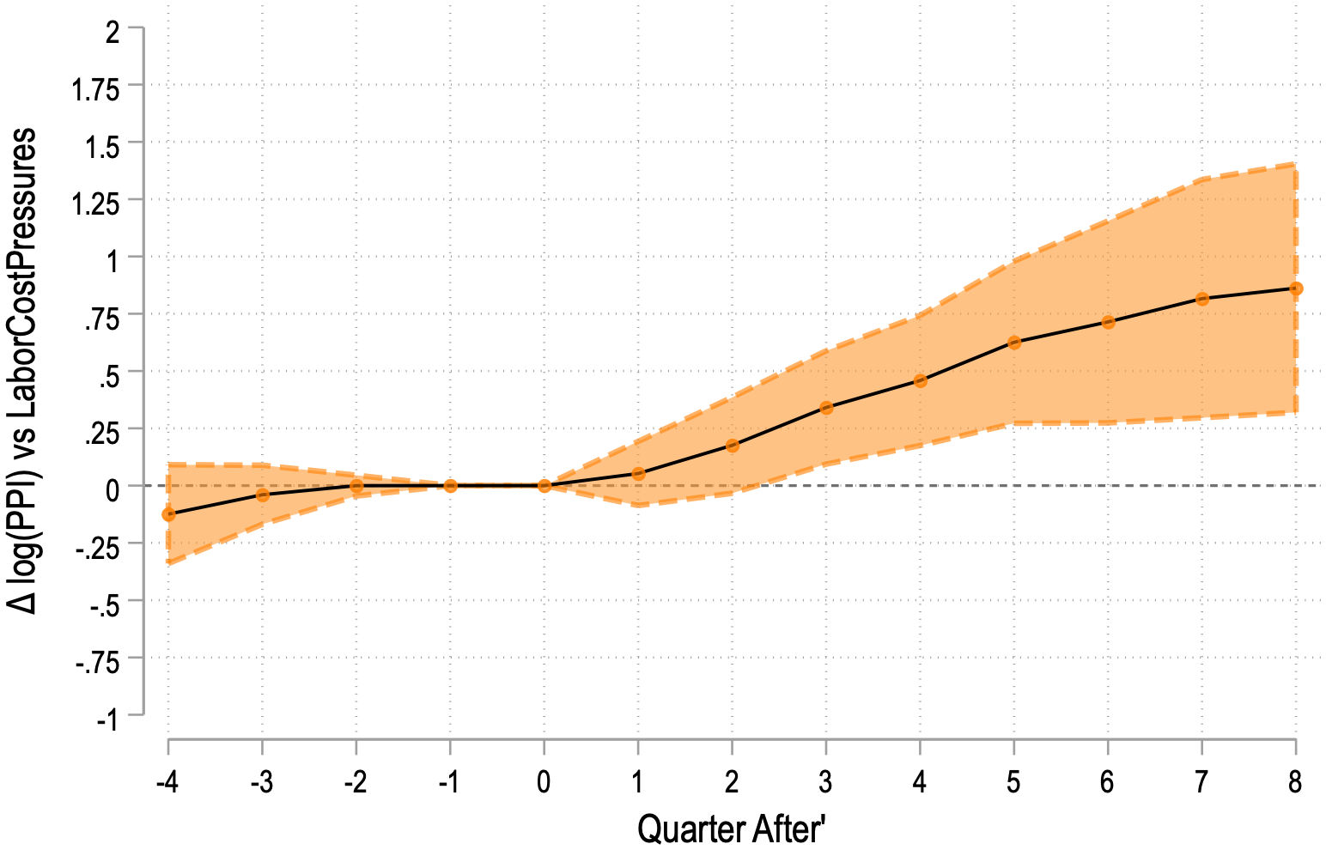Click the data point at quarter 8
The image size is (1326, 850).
click(1295, 288)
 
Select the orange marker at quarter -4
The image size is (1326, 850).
click(169, 514)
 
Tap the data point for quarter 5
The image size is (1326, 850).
click(1013, 343)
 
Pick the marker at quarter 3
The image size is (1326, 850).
click(826, 408)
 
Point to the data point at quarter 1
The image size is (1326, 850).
click(638, 474)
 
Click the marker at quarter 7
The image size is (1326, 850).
click(1201, 299)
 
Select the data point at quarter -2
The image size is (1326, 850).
click(356, 486)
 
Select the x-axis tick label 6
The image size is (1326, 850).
click(1108, 783)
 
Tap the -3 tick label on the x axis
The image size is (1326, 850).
click(262, 783)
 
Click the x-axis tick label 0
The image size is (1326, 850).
click(544, 783)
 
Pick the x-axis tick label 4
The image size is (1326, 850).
click(920, 783)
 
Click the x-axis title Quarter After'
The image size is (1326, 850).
click(731, 829)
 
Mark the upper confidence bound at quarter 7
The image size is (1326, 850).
click(1201, 179)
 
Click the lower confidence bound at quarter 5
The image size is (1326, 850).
click(1013, 422)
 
